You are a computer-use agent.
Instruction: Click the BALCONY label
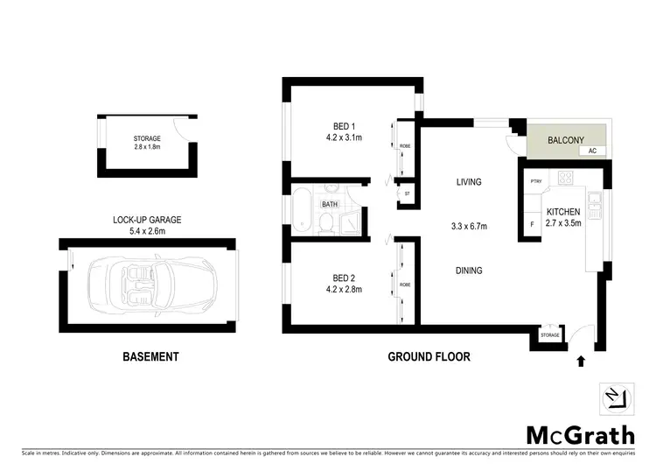pyautogui.click(x=565, y=140)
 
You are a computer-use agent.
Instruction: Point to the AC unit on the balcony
pyautogui.click(x=592, y=151)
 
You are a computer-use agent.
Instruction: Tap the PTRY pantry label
pyautogui.click(x=536, y=181)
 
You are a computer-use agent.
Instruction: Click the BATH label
pyautogui.click(x=330, y=205)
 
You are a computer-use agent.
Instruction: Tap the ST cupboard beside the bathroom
pyautogui.click(x=407, y=193)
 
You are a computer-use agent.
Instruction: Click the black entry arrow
pyautogui.click(x=581, y=359)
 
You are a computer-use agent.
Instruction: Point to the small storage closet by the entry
pyautogui.click(x=549, y=335)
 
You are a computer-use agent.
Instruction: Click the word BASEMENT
pyautogui.click(x=151, y=356)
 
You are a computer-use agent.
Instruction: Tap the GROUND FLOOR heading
pyautogui.click(x=429, y=356)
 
